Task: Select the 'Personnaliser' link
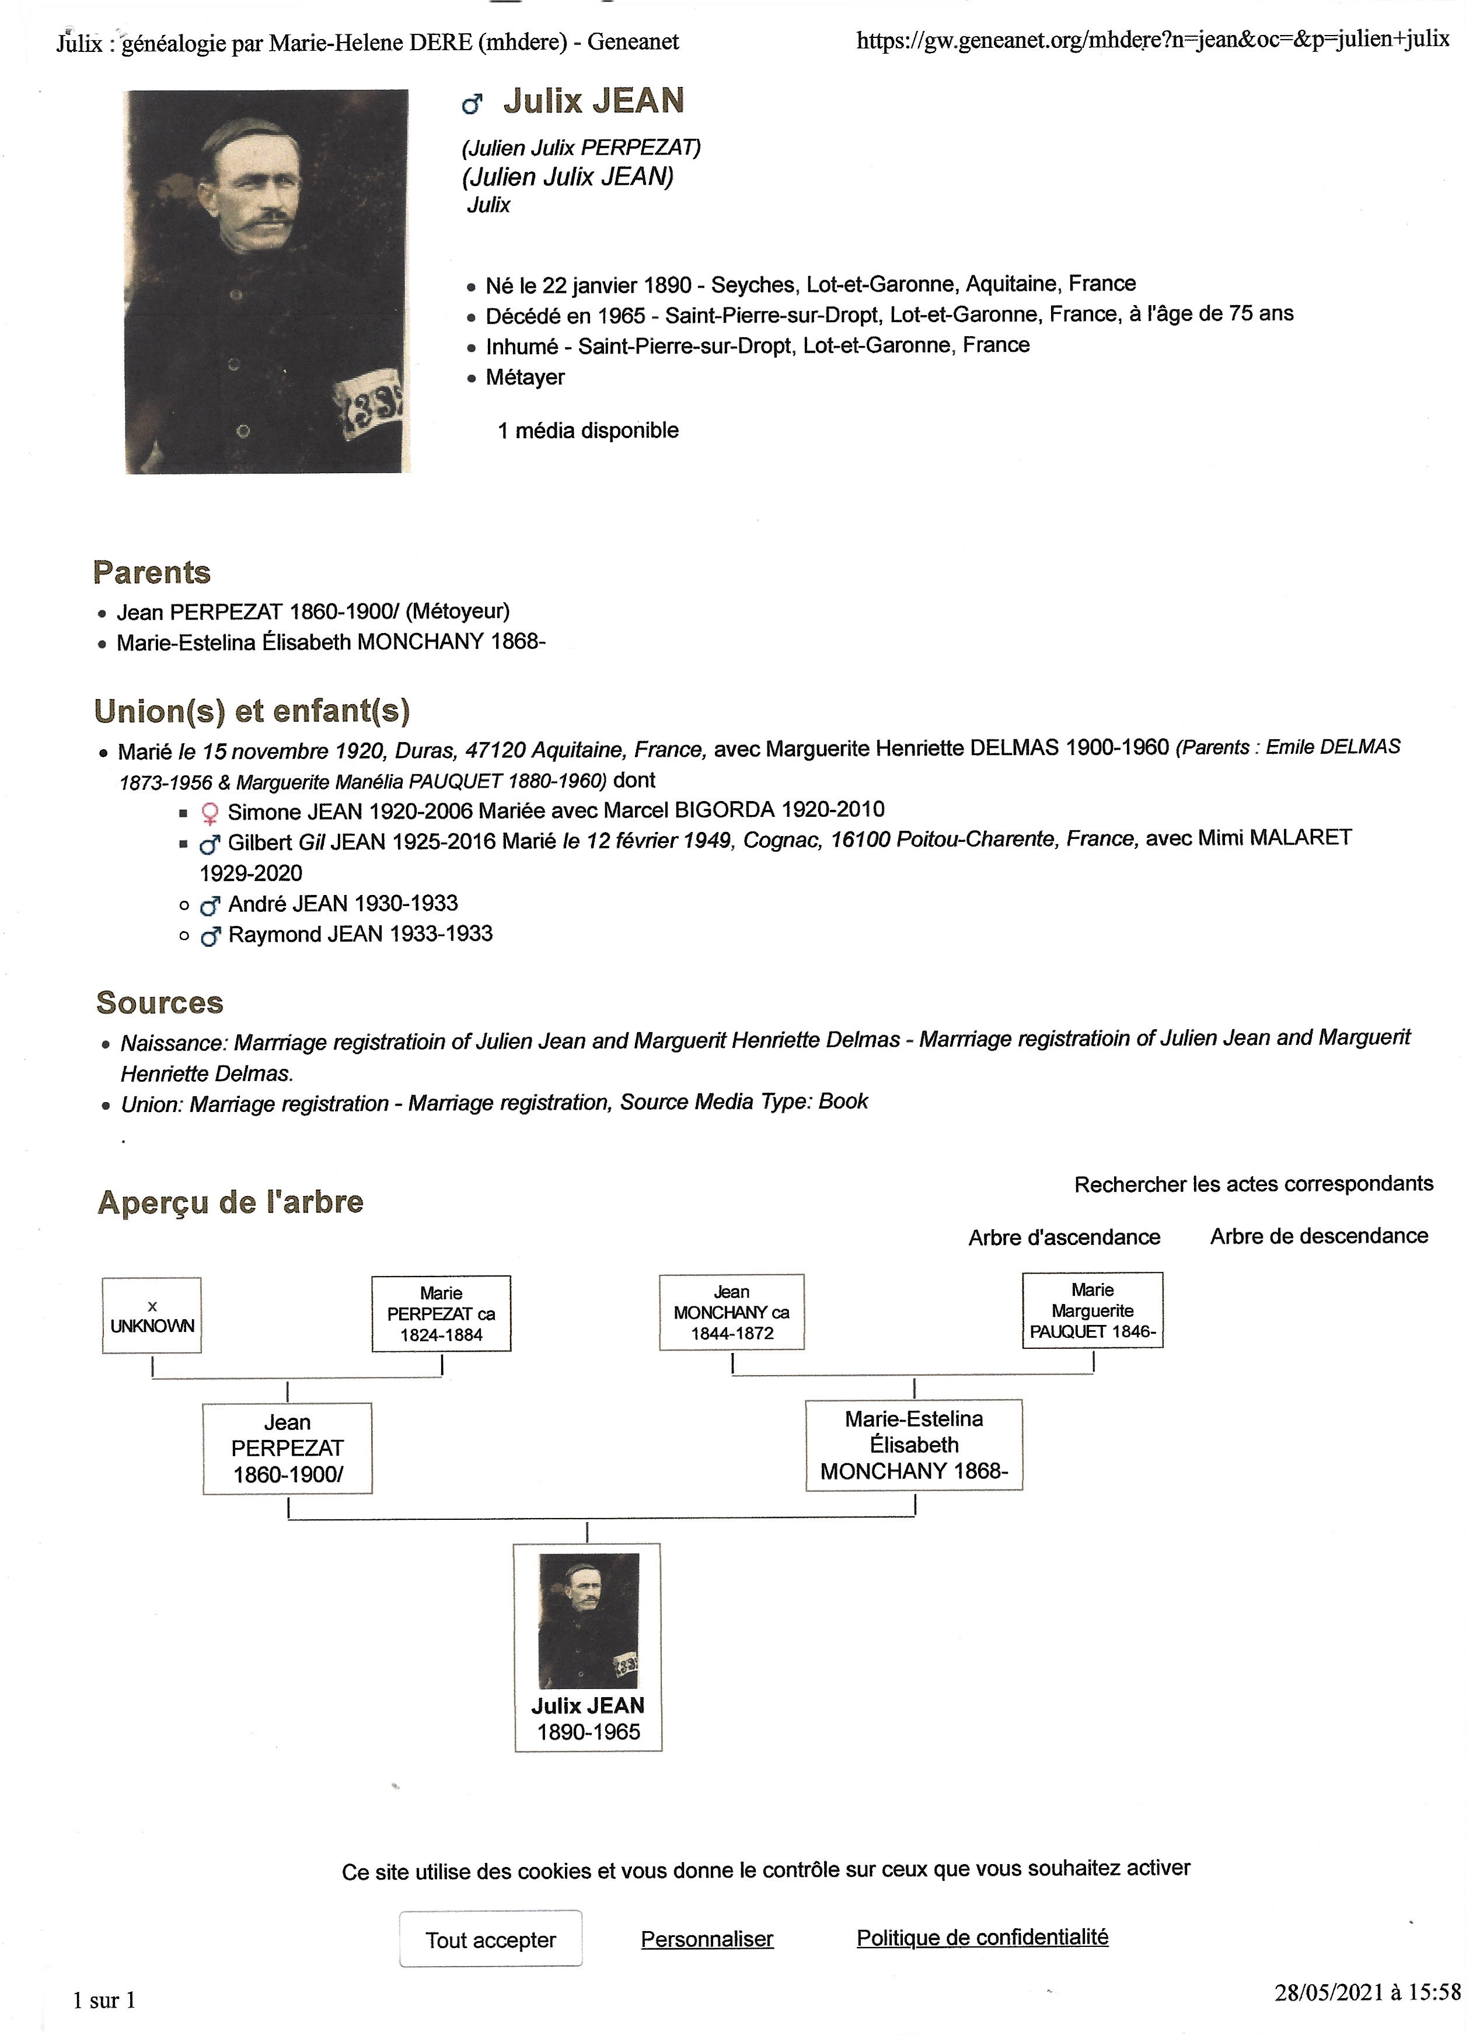point(707,1938)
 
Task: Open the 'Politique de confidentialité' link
point(982,1937)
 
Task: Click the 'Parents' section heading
point(152,572)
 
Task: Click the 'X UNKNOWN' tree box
point(152,1316)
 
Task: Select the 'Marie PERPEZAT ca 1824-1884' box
point(441,1314)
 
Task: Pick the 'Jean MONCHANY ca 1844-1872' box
point(732,1312)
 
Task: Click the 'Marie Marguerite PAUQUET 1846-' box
point(1092,1310)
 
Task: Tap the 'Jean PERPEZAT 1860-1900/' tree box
point(287,1448)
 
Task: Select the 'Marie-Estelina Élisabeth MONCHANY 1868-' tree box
point(914,1445)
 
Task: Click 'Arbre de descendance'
point(1319,1236)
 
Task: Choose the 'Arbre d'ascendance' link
point(1064,1237)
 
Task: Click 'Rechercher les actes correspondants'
point(1253,1184)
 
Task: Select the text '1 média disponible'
point(588,431)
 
